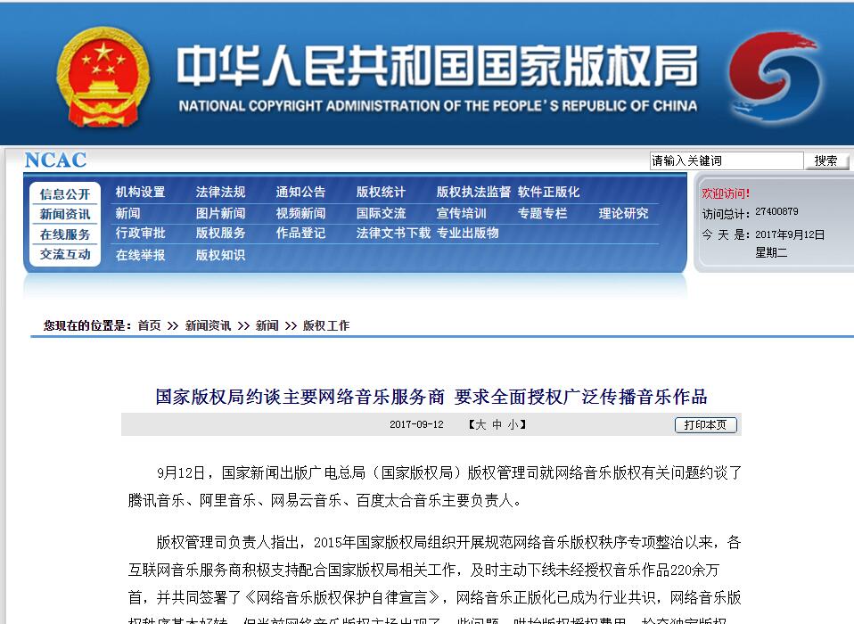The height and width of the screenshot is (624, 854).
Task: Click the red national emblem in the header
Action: [x=103, y=76]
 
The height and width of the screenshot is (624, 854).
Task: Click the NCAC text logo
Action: [x=55, y=160]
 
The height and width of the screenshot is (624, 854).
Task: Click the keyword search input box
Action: [x=726, y=161]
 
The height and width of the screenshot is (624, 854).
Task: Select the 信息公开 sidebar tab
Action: [x=65, y=194]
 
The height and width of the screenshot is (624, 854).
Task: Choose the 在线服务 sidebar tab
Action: [x=65, y=234]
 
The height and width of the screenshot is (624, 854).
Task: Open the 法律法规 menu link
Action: [x=220, y=192]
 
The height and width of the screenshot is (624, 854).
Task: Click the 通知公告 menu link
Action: [x=300, y=192]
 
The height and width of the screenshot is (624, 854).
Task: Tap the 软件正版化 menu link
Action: [x=548, y=192]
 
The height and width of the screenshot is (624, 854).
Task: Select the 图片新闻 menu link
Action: [x=220, y=213]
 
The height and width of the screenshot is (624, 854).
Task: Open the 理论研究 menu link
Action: [x=623, y=213]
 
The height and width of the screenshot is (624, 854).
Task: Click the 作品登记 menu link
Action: [x=300, y=233]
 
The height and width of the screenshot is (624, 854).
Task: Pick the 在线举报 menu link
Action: [x=140, y=255]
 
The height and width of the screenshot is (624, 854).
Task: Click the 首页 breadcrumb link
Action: [x=149, y=326]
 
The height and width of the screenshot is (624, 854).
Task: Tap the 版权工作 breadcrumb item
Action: [x=326, y=326]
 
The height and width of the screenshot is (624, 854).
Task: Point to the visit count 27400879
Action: [x=776, y=212]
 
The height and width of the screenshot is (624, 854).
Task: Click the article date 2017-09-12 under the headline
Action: [x=416, y=425]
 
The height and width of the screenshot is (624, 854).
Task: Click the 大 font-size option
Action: [x=481, y=425]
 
